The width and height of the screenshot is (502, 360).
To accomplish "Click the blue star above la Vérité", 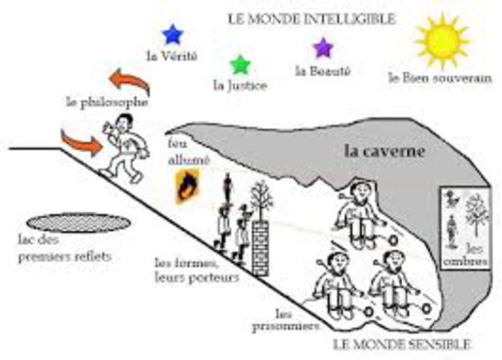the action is point(173,34).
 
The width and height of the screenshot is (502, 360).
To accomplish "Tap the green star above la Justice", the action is point(240,65).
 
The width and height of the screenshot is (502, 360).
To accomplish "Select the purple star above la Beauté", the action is point(323,48).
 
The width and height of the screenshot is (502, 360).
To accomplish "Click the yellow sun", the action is point(442,41).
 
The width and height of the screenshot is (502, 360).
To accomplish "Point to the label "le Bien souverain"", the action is point(440,78).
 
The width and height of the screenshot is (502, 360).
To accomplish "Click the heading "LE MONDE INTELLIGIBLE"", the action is point(311,19).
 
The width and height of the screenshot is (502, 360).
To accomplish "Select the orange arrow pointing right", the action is point(82,142).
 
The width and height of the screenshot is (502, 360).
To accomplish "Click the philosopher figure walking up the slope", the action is point(125,148).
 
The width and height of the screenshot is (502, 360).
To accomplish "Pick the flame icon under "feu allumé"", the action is point(187,187).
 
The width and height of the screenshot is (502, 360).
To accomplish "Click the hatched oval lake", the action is point(78,223).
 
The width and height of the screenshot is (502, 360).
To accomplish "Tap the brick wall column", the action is point(260,248).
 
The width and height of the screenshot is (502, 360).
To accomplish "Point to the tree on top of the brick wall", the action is point(261,201).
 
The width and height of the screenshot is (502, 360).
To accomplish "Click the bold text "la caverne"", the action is point(385,151).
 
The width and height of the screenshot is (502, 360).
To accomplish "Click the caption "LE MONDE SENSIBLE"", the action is point(402,344).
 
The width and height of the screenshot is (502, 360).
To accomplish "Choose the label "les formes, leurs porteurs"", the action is point(196,270).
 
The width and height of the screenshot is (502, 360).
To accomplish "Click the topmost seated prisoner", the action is point(358,215).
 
